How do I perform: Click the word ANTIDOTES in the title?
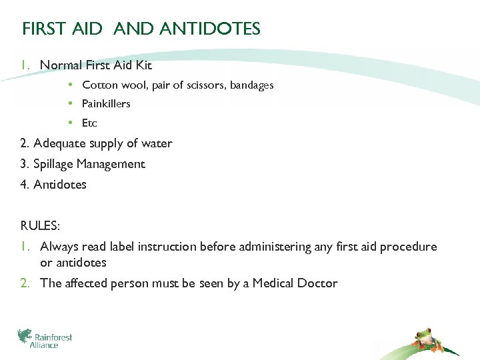tap(210, 29)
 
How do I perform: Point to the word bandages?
tap(252, 85)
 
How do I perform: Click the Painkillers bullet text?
tap(106, 104)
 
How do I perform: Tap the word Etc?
tap(89, 123)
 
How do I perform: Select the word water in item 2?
tap(157, 143)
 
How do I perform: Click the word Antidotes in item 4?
tap(60, 185)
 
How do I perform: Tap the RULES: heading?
tap(39, 226)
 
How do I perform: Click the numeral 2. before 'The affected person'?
tap(25, 283)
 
